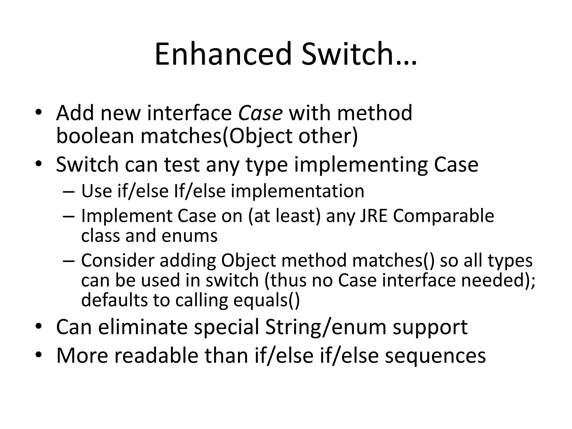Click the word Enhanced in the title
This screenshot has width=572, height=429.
[x=223, y=54]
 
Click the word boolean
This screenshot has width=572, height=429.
[x=95, y=136]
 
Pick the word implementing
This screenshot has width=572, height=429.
[x=361, y=165]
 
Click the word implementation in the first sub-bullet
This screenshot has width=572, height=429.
[x=298, y=191]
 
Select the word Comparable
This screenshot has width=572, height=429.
[x=444, y=216]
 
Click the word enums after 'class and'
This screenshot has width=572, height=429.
[x=189, y=235]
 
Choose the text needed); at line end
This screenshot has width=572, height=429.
[x=498, y=280]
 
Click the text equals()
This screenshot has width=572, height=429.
[x=266, y=300]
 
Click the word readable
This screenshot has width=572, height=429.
[x=156, y=356]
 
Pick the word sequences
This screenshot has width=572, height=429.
[x=435, y=356]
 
